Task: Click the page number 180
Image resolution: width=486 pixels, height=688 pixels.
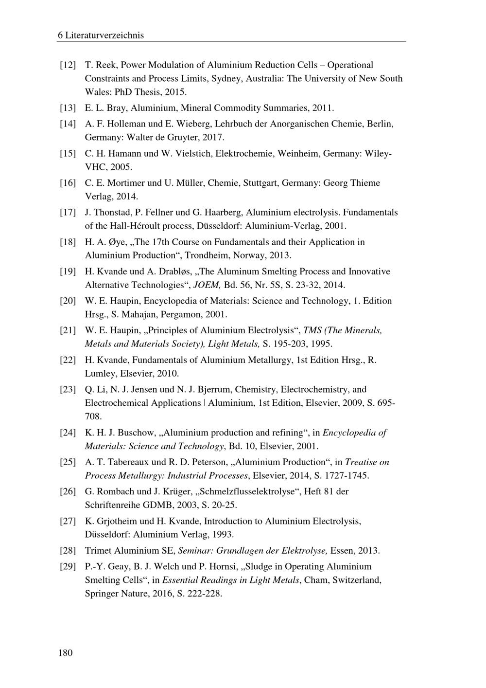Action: [x=65, y=652]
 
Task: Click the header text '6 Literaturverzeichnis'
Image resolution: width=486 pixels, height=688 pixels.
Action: [x=101, y=35]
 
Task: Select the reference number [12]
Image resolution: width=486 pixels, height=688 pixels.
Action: [x=68, y=65]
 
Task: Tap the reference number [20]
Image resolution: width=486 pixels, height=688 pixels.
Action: [x=68, y=301]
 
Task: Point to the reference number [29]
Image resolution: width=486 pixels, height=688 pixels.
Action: [x=68, y=566]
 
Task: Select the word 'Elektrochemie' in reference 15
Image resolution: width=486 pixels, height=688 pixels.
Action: [x=243, y=153]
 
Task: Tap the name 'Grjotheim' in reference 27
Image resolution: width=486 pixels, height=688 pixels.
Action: [x=111, y=521]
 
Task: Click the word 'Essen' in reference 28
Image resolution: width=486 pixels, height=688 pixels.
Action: [x=342, y=550]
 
